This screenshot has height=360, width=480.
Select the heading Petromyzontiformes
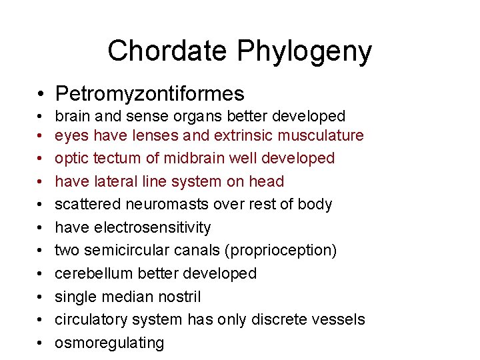point(150,94)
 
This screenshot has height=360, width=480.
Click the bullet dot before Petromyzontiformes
point(41,94)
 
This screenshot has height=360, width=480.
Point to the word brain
point(75,116)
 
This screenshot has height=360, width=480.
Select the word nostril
point(177,296)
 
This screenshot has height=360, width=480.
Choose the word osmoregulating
point(109,343)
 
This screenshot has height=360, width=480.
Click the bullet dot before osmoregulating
point(41,343)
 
